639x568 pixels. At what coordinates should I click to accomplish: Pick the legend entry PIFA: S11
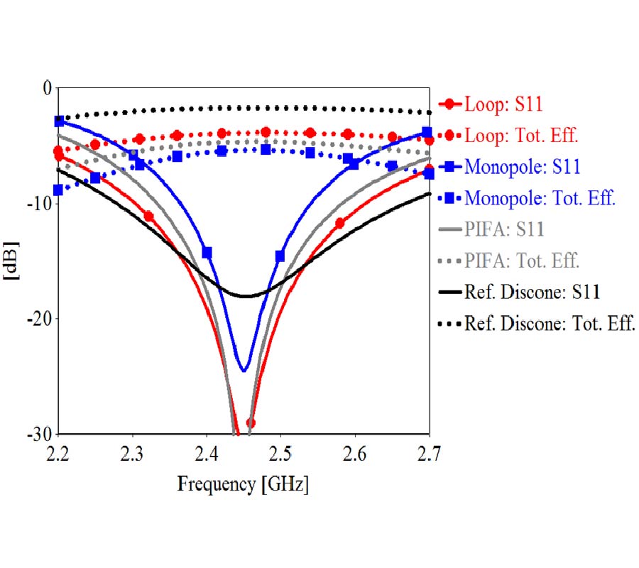[505, 229]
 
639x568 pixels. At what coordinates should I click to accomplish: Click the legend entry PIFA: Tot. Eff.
[522, 261]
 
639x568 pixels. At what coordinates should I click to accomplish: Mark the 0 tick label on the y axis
[47, 88]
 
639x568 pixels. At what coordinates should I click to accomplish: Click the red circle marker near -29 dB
[250, 423]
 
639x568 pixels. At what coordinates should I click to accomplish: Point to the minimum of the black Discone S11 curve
[246, 295]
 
